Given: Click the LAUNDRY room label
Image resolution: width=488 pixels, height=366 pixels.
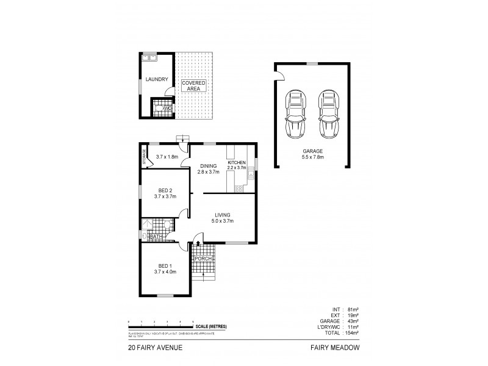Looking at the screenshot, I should point(156,79).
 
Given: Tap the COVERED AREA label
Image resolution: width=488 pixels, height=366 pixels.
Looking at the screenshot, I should point(194,85).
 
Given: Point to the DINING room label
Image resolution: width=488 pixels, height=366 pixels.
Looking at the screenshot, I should point(207,168).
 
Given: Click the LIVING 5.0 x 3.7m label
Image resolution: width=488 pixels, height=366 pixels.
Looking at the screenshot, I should point(224,218).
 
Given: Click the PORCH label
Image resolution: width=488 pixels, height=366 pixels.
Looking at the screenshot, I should point(203,259).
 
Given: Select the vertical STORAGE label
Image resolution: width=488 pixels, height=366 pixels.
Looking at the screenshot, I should point(145,157).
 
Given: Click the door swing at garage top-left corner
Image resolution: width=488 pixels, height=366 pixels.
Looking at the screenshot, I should point(280,74).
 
